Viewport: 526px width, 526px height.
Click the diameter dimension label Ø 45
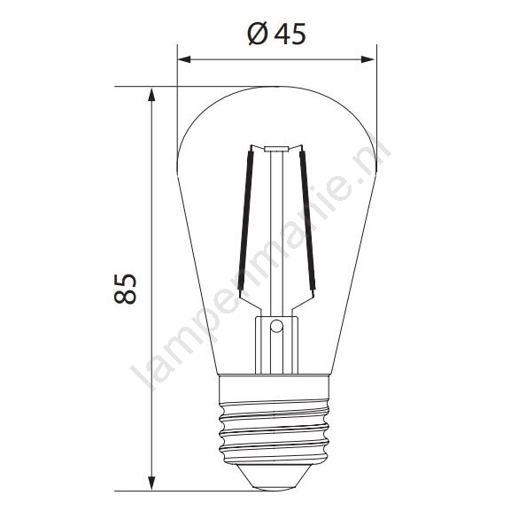[277, 34]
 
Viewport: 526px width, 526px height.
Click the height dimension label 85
[125, 289]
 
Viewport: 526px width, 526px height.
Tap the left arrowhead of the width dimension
[184, 59]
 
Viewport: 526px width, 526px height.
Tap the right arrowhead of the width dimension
[367, 59]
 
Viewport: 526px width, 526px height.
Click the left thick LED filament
[245, 220]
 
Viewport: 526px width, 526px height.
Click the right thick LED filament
[307, 220]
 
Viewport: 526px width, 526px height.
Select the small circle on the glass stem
[276, 326]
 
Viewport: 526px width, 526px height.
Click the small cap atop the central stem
[276, 150]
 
